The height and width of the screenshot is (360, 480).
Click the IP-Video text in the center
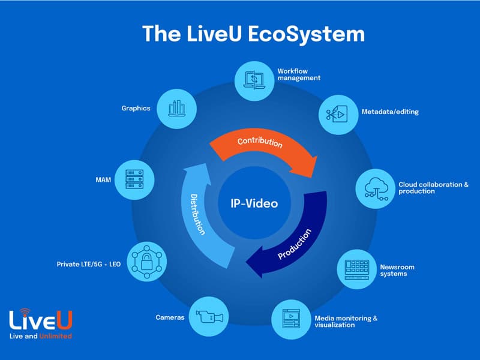[x=254, y=203]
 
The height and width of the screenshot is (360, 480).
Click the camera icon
[x=208, y=317]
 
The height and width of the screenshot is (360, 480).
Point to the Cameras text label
[x=170, y=317]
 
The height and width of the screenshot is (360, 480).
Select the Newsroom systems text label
[x=397, y=271]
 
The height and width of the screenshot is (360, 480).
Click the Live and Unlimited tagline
[x=41, y=337]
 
